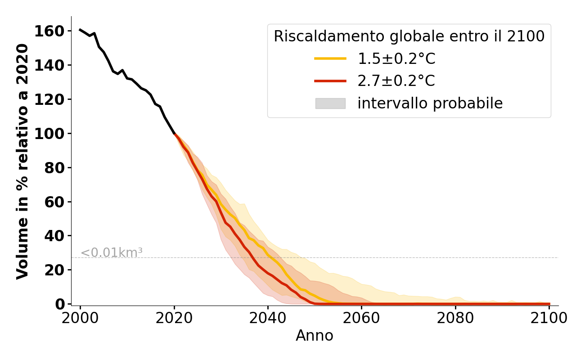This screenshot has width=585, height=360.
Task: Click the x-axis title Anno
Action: coord(315,336)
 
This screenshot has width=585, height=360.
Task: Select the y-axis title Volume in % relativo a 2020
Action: coord(22,161)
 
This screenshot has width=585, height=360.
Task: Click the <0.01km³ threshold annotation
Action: coord(111,253)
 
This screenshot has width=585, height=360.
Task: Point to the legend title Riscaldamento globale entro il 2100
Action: coord(409,36)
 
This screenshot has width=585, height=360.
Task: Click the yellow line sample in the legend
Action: coord(330,58)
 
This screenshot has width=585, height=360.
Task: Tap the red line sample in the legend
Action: coord(330,81)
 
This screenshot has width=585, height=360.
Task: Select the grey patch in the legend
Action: coord(330,103)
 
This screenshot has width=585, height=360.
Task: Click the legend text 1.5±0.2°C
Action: coord(396,58)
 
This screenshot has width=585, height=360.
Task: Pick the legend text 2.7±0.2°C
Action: coord(396,81)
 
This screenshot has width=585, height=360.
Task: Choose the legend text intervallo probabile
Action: coord(430,103)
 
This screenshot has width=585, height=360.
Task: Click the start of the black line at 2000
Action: coord(80,30)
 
